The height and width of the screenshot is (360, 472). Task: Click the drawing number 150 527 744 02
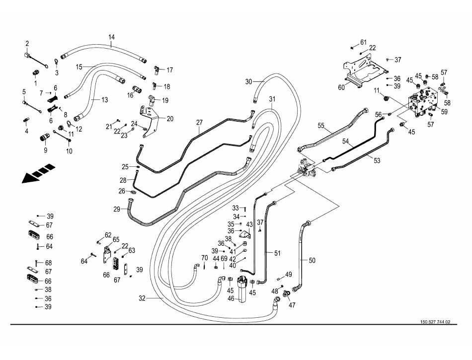click(435, 322)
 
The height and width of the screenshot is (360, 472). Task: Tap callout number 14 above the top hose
click(111, 37)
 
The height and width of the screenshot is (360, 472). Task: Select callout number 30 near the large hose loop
click(249, 80)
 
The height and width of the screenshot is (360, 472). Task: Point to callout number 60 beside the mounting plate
click(341, 87)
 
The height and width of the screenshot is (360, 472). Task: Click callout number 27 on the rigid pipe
click(200, 122)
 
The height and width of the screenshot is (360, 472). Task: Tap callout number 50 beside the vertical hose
click(312, 260)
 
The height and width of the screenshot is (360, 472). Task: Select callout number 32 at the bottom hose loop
click(142, 298)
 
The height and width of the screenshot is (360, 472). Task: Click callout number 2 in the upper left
click(27, 44)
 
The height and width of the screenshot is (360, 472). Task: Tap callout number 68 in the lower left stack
click(49, 263)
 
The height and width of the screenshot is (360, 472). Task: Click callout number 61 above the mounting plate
click(363, 42)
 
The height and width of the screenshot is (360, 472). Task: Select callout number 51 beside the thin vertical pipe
click(278, 253)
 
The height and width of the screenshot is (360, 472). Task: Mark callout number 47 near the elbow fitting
click(292, 305)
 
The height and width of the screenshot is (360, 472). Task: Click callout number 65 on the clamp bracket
click(116, 239)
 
